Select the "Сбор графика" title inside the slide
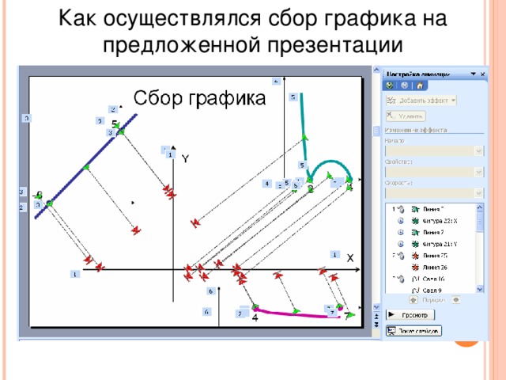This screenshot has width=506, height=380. [199, 98]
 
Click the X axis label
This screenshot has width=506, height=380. [349, 258]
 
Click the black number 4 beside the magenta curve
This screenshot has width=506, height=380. [255, 318]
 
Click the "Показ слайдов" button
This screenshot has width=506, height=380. [415, 330]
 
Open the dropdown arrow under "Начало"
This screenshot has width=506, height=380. [478, 150]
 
